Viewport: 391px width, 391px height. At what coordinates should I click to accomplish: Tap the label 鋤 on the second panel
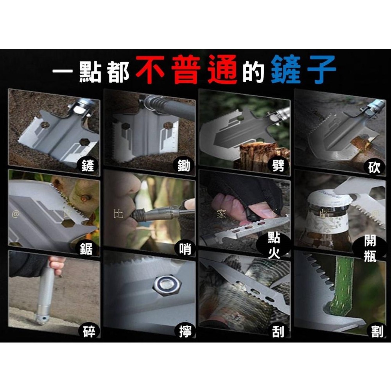tap(183, 166)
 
